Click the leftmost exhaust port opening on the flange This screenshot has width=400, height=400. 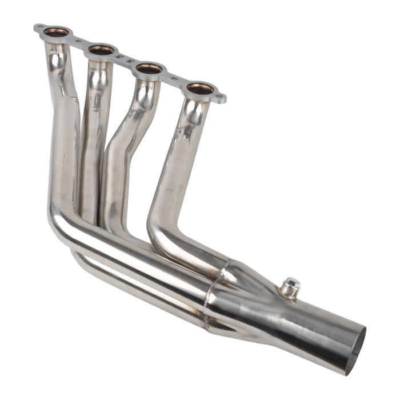60,31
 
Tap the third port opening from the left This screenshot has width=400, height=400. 149,70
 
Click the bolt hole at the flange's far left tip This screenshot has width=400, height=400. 38,26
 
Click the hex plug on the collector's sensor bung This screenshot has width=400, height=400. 290,284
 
